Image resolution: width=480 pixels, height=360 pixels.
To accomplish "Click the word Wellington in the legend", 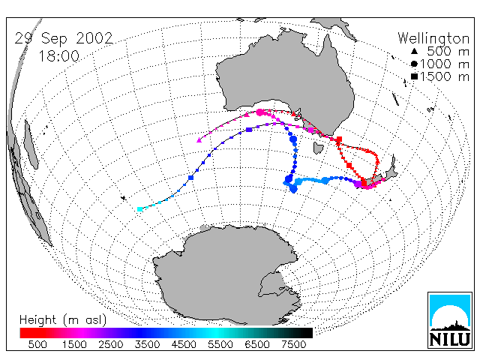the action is [433, 38].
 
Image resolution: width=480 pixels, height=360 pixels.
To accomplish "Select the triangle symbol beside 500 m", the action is [414, 52].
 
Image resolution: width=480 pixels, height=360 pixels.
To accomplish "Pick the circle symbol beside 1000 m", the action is [414, 64].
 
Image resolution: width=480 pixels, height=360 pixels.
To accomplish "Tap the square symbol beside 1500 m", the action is [414, 76].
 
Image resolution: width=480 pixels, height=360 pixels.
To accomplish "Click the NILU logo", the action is [450, 320].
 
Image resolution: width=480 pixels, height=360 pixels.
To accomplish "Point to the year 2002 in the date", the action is [94, 38].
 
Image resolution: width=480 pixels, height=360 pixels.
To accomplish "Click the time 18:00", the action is [59, 56].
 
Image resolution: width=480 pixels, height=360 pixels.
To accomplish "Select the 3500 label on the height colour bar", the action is [147, 344].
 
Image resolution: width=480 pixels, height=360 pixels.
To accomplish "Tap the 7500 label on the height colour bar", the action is [293, 344].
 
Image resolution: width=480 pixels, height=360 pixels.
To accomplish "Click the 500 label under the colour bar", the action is [37, 344].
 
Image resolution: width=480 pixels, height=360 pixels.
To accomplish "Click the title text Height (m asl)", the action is [63, 320].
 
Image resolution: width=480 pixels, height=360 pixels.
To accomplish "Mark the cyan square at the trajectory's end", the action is [140, 209].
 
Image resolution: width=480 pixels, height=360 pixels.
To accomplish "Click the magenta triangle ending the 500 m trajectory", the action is [199, 140].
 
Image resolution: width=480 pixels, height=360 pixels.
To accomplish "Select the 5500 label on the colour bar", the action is [220, 344].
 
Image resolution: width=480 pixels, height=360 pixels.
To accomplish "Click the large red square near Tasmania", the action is [339, 139].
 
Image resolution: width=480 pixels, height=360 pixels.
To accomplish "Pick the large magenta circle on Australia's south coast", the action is [260, 112].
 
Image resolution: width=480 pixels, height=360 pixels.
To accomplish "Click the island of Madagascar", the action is [31, 144].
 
